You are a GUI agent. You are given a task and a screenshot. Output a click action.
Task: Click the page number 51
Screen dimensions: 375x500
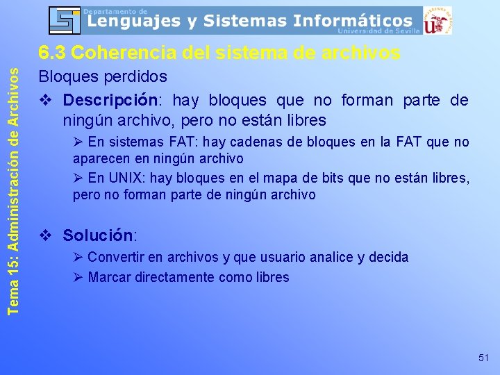[x=484, y=358]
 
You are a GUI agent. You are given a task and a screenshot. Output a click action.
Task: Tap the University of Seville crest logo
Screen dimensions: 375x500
[x=437, y=20]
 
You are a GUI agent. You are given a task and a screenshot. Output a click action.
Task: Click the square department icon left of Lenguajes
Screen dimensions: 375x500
[x=65, y=20]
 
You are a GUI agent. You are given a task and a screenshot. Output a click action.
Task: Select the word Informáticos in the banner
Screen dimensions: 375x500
[x=353, y=21]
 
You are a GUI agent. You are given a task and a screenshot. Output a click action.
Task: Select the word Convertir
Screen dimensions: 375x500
[x=116, y=258]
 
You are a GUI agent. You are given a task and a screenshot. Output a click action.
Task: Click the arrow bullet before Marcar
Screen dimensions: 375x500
[x=78, y=278]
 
